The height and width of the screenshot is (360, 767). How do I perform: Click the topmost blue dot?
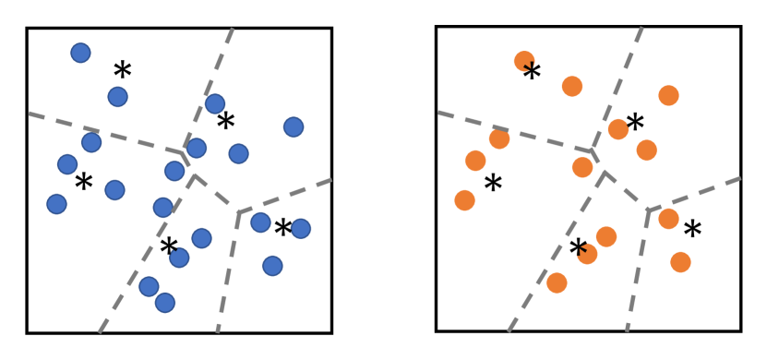80,53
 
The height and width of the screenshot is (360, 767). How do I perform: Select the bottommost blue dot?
165,303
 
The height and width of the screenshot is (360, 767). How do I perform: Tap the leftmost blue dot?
56,204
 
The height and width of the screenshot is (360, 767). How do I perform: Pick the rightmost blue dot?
300,228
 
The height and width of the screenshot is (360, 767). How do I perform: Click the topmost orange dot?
524,61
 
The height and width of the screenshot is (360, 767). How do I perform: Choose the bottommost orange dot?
557,282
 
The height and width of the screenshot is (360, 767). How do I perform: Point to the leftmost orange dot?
465,200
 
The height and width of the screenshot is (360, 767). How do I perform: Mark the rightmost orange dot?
680,262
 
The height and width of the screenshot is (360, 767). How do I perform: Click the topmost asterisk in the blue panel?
122,70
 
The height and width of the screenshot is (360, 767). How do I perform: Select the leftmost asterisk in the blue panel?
83,182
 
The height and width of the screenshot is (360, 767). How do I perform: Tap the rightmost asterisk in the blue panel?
282,227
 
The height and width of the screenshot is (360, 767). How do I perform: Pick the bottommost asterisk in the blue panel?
168,247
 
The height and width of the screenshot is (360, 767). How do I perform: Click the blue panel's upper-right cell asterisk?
225,121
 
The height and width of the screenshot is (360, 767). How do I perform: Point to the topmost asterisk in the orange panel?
532,73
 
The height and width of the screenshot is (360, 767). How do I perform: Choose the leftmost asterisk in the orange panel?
493,184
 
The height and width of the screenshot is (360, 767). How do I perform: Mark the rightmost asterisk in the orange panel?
692,230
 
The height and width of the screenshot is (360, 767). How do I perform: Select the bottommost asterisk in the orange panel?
578,248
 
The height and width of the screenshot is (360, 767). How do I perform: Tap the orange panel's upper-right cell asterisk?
635,123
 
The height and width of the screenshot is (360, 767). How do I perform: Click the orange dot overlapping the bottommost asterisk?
588,254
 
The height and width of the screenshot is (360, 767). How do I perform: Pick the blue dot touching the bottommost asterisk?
179,258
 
